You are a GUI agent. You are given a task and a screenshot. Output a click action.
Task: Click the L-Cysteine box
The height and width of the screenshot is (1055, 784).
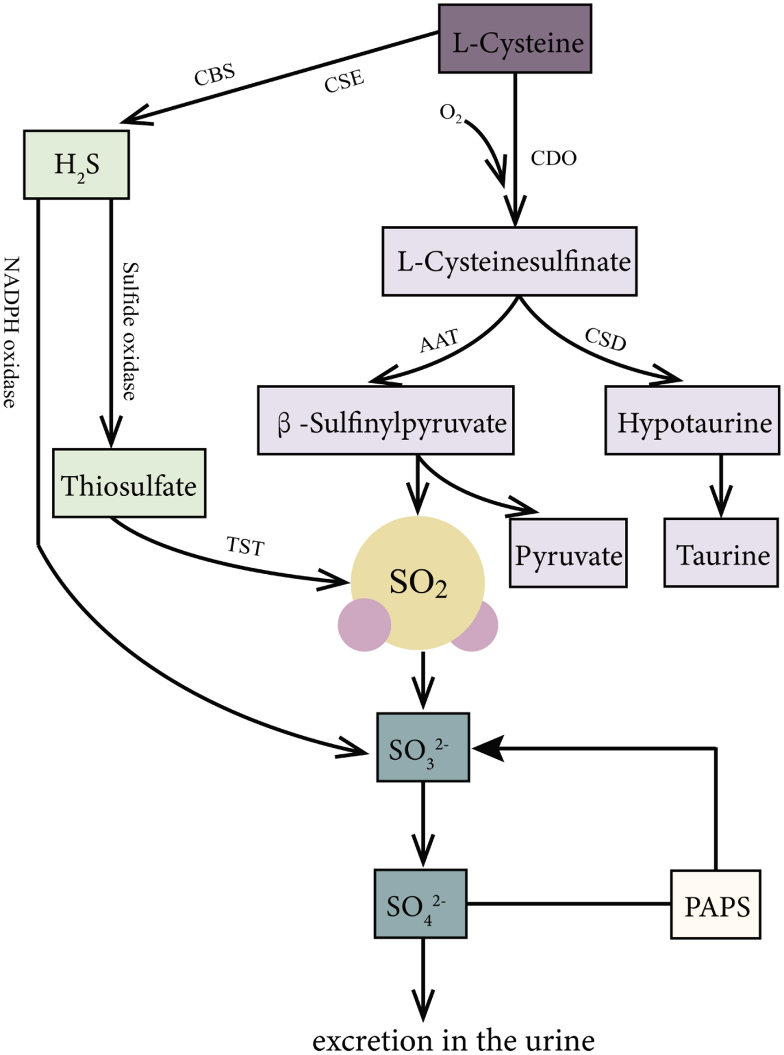(515, 39)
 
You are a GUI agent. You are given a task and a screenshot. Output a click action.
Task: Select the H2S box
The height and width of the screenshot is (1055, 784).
(77, 165)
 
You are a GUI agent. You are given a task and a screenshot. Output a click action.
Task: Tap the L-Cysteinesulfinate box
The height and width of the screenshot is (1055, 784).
(509, 262)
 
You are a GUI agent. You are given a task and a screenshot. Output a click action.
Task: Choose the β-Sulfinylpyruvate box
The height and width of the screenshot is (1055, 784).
(385, 421)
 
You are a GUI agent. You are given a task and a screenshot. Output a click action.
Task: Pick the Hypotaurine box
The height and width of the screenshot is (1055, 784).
(692, 421)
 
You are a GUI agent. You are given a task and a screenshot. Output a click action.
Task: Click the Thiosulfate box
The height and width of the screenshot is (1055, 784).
(129, 483)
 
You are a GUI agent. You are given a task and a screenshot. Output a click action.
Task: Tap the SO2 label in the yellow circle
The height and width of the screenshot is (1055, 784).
(418, 582)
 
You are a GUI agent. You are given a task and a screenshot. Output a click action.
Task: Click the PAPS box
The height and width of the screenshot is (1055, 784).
(716, 905)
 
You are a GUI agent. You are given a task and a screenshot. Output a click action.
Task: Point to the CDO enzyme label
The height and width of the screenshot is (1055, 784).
(553, 158)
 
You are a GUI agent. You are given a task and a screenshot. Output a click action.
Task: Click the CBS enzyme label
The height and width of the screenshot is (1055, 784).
(215, 74)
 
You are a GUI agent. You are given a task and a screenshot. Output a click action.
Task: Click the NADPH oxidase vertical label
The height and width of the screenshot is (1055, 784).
(12, 332)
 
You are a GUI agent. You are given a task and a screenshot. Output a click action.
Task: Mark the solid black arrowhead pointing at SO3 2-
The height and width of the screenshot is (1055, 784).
(489, 749)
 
